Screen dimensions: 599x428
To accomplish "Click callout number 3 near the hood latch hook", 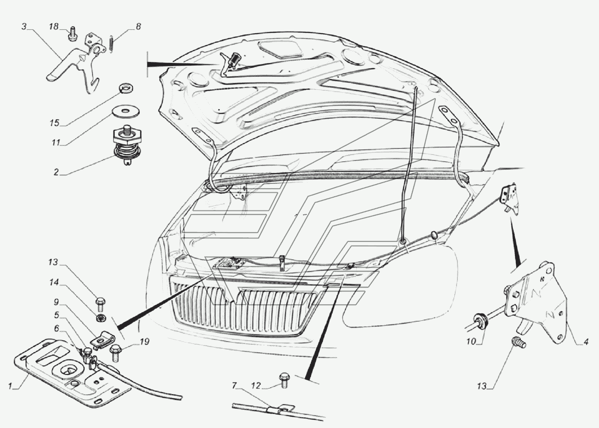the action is [x=24, y=27].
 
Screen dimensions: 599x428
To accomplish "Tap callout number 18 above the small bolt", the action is [x=54, y=27].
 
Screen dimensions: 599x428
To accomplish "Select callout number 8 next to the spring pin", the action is [x=138, y=27].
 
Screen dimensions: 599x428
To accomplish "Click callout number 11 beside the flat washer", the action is [x=56, y=143].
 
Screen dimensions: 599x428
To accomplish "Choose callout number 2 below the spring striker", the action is [x=56, y=172].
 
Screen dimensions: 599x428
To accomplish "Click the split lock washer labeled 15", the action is [x=126, y=88].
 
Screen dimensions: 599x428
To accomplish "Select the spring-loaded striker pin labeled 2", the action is [x=127, y=144].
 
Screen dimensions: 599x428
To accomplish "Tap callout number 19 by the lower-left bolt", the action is [x=144, y=342].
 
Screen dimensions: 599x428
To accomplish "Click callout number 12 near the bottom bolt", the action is [x=256, y=386].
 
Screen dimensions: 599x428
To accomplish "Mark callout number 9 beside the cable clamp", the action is [x=56, y=302].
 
